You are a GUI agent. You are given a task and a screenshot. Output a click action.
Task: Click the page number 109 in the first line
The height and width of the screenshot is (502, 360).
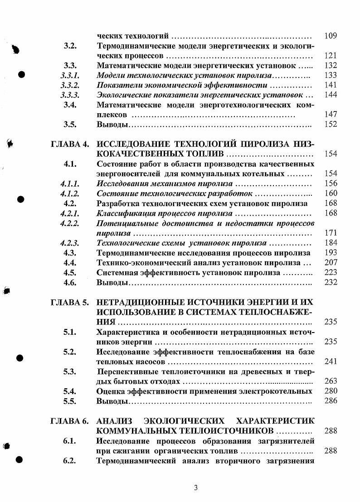coord(331,36)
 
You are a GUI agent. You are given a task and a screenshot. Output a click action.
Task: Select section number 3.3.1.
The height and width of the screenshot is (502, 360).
coord(70,75)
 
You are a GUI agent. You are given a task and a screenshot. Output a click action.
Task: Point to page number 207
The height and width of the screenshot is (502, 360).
coord(331,263)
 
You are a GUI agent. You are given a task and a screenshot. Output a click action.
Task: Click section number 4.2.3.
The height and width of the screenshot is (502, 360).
coord(70,243)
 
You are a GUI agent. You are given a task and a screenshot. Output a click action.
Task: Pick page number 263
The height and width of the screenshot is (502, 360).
coord(331,381)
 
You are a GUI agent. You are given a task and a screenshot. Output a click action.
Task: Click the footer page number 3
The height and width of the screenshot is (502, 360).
coord(195,488)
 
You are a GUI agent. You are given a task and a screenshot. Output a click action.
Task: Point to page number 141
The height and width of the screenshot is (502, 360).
coord(331,85)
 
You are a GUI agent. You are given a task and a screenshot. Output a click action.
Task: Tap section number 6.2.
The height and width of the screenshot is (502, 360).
coord(69,461)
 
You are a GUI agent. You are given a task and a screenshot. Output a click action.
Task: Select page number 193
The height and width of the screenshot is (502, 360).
coord(331,253)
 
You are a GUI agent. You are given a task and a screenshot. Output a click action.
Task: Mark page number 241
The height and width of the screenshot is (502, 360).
coord(331,362)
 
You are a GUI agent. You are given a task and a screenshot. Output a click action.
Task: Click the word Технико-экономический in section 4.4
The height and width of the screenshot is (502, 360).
coord(139,263)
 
